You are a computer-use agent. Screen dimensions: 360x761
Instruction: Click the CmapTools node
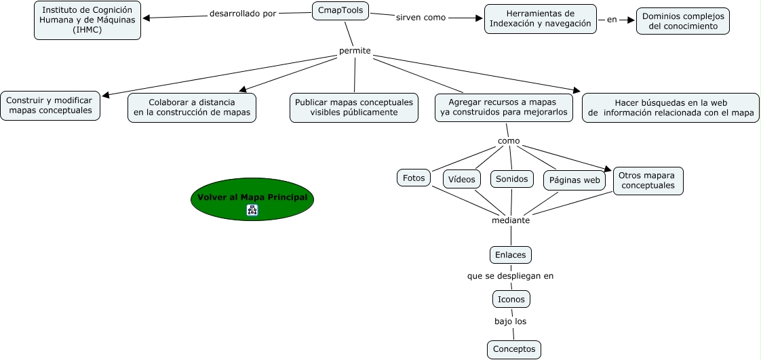(340, 10)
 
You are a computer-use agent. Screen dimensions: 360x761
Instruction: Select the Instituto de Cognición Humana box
(87, 20)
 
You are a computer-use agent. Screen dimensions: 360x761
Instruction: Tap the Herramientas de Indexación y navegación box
(540, 18)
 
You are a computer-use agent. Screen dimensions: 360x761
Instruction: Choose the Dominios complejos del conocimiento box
(682, 21)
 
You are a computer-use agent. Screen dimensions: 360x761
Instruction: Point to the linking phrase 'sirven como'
(421, 18)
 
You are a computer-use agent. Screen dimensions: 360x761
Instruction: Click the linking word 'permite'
(355, 51)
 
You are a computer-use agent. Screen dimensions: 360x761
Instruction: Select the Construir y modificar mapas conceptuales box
(50, 105)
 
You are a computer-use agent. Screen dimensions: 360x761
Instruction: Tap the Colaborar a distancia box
(191, 107)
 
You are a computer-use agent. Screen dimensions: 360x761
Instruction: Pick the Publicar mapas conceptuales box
(353, 107)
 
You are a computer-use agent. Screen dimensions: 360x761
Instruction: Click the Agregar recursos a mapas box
(503, 107)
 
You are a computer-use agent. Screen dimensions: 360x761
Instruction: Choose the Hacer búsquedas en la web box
(670, 108)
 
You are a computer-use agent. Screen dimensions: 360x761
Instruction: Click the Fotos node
(414, 178)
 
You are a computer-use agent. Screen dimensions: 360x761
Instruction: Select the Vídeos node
(462, 179)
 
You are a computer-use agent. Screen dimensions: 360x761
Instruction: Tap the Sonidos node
(511, 179)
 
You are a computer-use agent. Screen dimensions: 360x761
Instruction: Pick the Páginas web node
(574, 180)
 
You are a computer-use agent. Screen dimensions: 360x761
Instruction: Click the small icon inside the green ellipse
(252, 210)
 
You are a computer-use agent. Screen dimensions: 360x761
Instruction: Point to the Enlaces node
(510, 255)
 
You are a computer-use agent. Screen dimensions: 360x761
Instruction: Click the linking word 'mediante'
(510, 220)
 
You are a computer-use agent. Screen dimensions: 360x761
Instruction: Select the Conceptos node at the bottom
(513, 349)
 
